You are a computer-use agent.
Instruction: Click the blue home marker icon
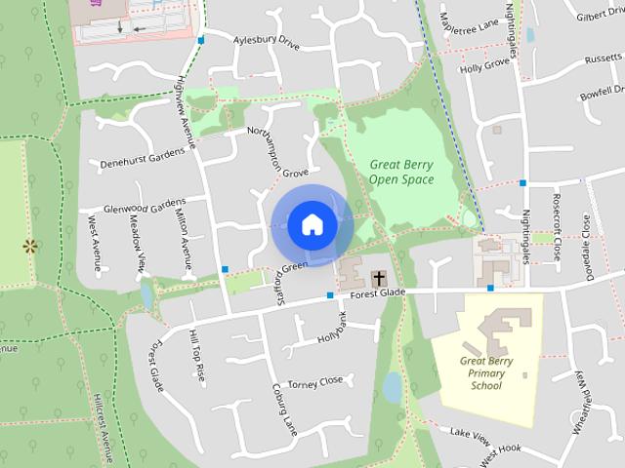(x=312, y=224)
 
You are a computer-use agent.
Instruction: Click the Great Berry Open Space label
(x=402, y=172)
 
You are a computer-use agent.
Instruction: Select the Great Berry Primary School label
(x=485, y=372)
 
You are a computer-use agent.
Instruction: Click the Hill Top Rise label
(x=196, y=355)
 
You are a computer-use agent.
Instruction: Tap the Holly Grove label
(x=485, y=67)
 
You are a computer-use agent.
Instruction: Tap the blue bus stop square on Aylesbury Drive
(x=200, y=40)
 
